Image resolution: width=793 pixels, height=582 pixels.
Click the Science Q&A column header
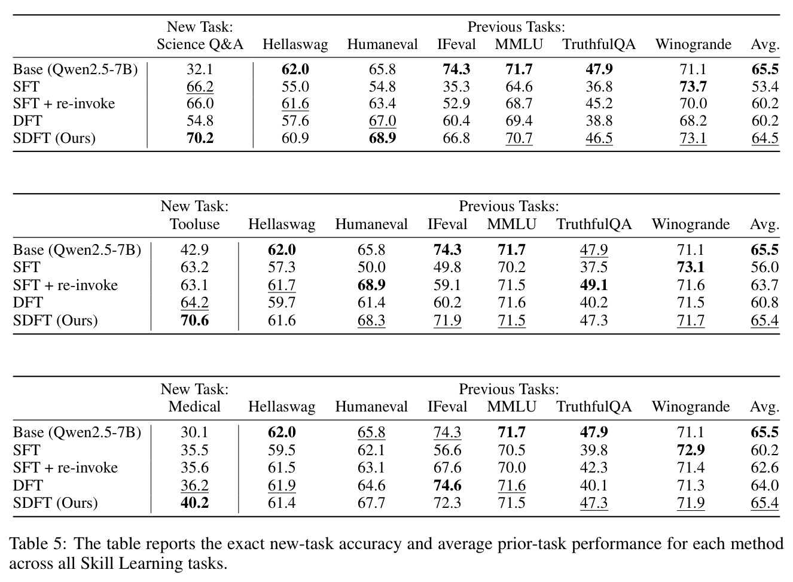[x=200, y=44]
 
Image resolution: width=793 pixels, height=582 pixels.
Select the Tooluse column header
[x=195, y=224]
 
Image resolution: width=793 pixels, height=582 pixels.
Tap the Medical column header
[x=194, y=406]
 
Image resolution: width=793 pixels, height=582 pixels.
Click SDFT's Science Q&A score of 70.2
[x=200, y=138]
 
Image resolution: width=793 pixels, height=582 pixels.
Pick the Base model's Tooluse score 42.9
[x=194, y=250]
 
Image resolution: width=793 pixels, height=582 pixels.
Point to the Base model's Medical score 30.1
[x=194, y=432]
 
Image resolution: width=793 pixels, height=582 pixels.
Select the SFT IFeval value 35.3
[x=456, y=86]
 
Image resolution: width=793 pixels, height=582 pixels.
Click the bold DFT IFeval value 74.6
[x=447, y=485]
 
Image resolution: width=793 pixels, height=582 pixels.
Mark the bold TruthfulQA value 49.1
[x=594, y=285]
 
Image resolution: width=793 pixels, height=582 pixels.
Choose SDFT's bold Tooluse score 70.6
[x=195, y=321]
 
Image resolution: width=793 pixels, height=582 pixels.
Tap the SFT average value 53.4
[x=765, y=86]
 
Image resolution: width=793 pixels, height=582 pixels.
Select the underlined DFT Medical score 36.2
[x=195, y=485]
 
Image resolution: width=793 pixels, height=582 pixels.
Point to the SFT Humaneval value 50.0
[x=371, y=267]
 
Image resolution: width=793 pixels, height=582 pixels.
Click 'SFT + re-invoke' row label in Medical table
[x=66, y=468]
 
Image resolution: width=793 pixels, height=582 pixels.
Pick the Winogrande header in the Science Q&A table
[x=693, y=44]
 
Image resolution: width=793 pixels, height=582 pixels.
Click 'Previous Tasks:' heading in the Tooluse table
[x=509, y=206]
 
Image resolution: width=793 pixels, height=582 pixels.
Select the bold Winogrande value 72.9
[x=691, y=450]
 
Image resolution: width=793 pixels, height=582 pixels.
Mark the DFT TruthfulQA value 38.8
[x=599, y=121]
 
